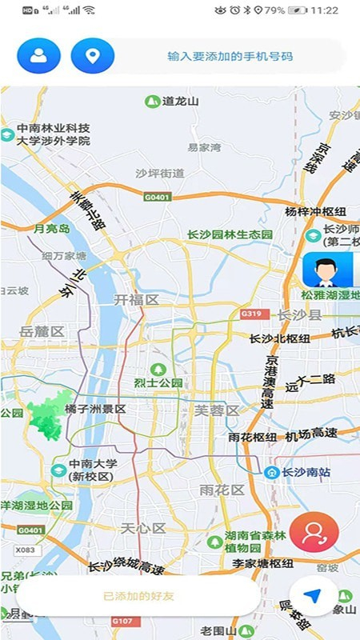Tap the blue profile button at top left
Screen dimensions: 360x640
(38, 56)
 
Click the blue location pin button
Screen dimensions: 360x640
(93, 56)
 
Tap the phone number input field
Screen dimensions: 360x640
(230, 57)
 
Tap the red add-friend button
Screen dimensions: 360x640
(314, 533)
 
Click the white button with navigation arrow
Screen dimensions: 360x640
(317, 597)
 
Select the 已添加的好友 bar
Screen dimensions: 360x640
(138, 596)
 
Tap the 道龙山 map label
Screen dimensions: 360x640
(179, 102)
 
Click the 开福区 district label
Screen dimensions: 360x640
(137, 299)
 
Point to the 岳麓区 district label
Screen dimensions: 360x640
(42, 331)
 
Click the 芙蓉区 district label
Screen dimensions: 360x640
(217, 410)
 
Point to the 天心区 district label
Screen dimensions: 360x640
(142, 528)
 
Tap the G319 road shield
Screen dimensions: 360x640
(251, 314)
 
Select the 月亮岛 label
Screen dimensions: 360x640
(51, 229)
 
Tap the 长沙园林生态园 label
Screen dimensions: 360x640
(230, 234)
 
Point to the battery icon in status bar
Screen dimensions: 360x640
(297, 10)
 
